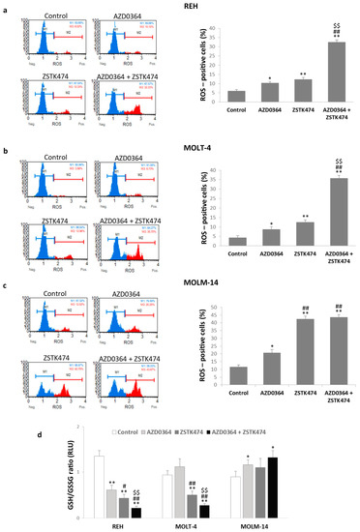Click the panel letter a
[6, 7]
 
